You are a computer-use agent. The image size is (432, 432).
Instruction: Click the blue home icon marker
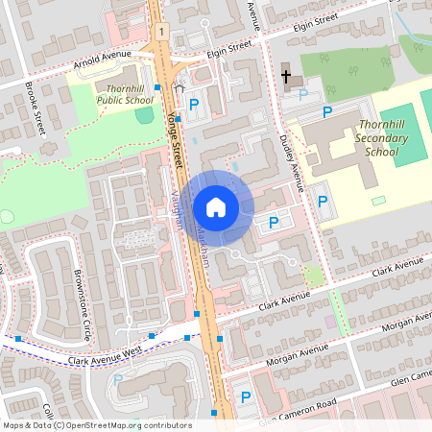click(216, 206)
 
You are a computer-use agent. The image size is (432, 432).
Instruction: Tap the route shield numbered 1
click(164, 33)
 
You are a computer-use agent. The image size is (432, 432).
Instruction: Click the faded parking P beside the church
click(304, 94)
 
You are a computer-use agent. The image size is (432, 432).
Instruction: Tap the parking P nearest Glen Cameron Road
click(245, 397)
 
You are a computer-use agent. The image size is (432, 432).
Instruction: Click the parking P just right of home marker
click(274, 223)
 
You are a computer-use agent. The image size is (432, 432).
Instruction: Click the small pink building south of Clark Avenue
click(330, 321)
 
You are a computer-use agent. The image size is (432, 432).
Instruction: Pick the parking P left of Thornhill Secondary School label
click(326, 113)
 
